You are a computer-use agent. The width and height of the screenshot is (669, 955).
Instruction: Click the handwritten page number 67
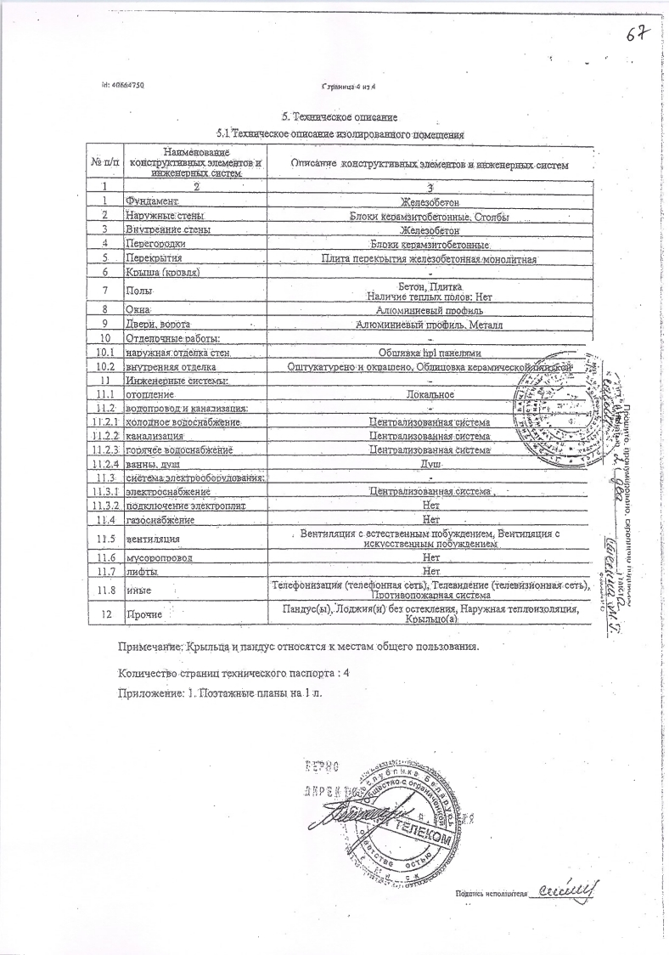(x=638, y=35)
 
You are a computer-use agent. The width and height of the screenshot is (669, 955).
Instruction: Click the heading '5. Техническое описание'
(x=340, y=116)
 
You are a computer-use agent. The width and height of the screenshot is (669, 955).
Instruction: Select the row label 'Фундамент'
(x=151, y=201)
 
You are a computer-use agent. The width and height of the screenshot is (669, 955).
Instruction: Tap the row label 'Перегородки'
(x=155, y=244)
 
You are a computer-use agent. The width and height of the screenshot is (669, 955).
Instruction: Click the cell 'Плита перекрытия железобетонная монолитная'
(x=430, y=258)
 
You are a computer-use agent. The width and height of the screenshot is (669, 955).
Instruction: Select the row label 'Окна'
(x=138, y=310)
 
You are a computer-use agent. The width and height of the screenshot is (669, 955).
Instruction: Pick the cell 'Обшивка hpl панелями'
(x=430, y=353)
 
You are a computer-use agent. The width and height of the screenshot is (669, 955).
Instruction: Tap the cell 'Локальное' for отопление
(x=430, y=394)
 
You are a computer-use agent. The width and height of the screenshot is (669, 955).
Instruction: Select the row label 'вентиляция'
(x=154, y=539)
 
